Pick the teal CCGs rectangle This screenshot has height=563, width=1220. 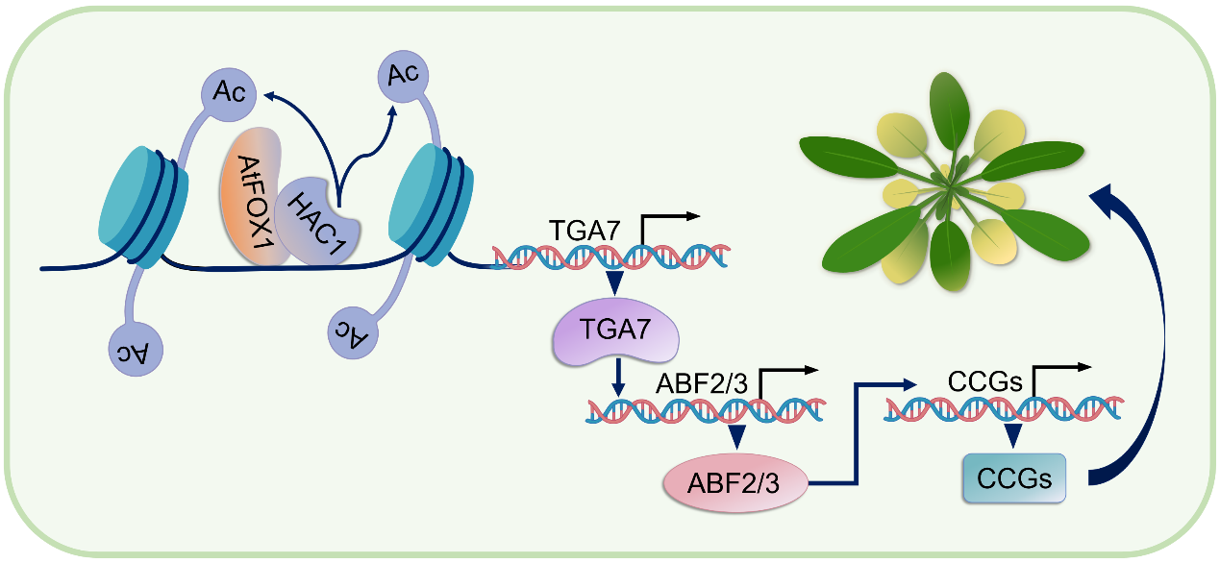tap(1014, 478)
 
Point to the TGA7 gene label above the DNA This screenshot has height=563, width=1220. tap(586, 231)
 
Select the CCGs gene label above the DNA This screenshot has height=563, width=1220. tap(984, 381)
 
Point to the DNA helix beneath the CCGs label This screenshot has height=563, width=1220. tap(1006, 409)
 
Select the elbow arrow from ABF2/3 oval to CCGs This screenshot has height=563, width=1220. tap(856, 432)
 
